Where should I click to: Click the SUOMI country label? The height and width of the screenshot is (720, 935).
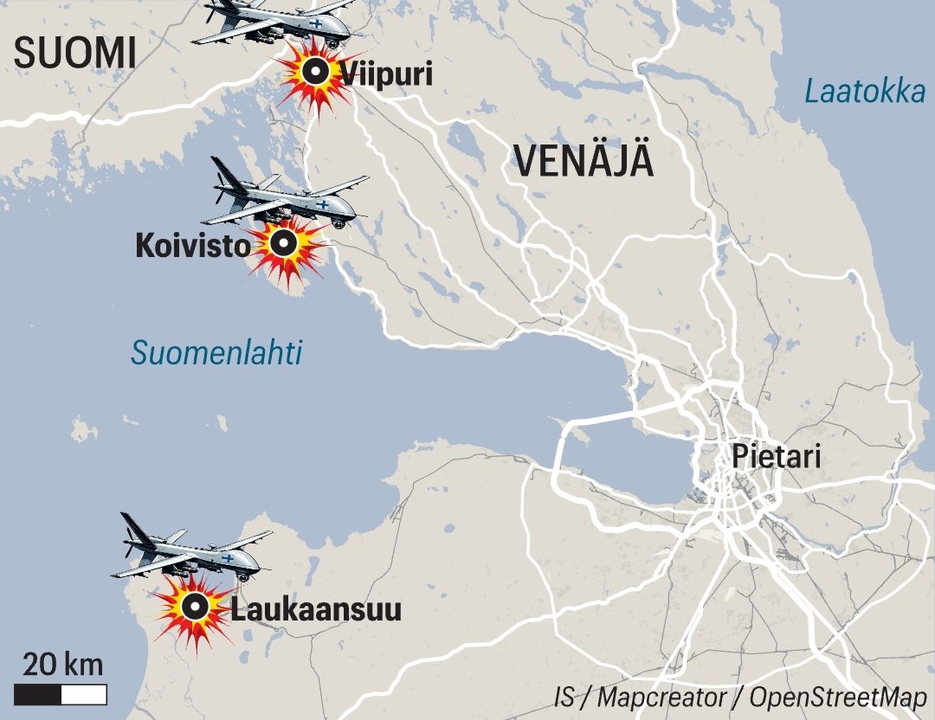pos(76,54)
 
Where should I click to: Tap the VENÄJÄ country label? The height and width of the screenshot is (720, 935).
pos(583,161)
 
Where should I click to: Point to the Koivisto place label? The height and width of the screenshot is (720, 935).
pos(191,247)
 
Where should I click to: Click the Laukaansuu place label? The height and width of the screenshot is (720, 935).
pos(315,609)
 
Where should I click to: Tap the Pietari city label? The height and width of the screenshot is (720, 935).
pos(776,456)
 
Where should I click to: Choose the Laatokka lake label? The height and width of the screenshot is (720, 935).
pos(864,91)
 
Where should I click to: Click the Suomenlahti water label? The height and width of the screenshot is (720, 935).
pos(216,352)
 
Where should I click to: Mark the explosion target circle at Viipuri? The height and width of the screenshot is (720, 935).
pos(317,73)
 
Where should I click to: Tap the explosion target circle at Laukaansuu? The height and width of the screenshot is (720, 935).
pos(196,607)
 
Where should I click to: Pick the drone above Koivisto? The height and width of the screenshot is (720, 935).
pos(286,197)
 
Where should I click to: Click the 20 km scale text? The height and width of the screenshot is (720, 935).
pos(62,665)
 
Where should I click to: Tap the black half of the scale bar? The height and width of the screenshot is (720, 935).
pos(38,694)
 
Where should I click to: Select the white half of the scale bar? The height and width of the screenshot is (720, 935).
pos(84,694)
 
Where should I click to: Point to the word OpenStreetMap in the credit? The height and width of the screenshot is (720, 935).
pos(838,697)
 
